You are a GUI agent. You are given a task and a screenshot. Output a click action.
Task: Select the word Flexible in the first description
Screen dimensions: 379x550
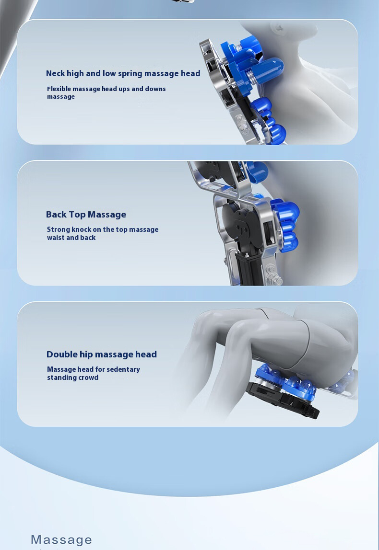tap(59, 89)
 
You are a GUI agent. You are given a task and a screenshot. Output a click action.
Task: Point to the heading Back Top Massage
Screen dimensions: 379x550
tap(86, 214)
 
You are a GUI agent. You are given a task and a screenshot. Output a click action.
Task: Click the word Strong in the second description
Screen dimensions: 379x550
tap(59, 230)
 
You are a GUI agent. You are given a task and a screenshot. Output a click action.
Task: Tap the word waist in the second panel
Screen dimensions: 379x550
tap(56, 238)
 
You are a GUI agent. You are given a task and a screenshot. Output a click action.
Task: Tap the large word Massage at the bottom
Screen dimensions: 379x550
tap(61, 539)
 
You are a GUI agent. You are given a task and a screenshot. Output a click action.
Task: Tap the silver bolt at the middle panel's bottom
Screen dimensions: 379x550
tap(273, 275)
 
